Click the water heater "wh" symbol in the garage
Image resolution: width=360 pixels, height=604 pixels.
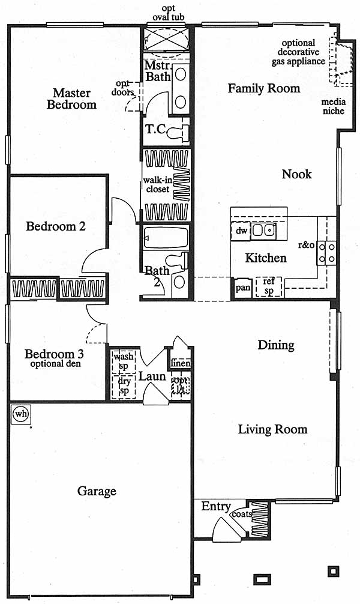tap(21, 414)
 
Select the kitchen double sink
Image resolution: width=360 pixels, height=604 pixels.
tap(264, 231)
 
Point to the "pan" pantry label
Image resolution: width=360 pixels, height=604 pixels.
tap(242, 288)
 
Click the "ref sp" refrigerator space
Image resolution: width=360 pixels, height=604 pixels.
tap(269, 286)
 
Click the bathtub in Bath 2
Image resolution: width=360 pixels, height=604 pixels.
tap(166, 238)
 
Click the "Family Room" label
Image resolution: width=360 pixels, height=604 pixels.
tap(264, 88)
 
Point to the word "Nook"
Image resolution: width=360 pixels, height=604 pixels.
tap(296, 174)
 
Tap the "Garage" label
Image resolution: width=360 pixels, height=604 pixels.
tap(97, 491)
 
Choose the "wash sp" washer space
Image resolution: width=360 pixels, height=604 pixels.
tap(123, 361)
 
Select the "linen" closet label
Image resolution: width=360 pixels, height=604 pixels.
tap(180, 363)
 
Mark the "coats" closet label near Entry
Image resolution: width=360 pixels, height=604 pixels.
tap(242, 514)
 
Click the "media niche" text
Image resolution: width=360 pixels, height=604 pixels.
tap(334, 106)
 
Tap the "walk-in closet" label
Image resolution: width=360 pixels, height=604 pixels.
tap(157, 184)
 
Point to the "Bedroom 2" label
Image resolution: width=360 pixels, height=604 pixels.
tap(55, 226)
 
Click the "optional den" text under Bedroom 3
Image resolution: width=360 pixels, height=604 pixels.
tap(55, 364)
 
